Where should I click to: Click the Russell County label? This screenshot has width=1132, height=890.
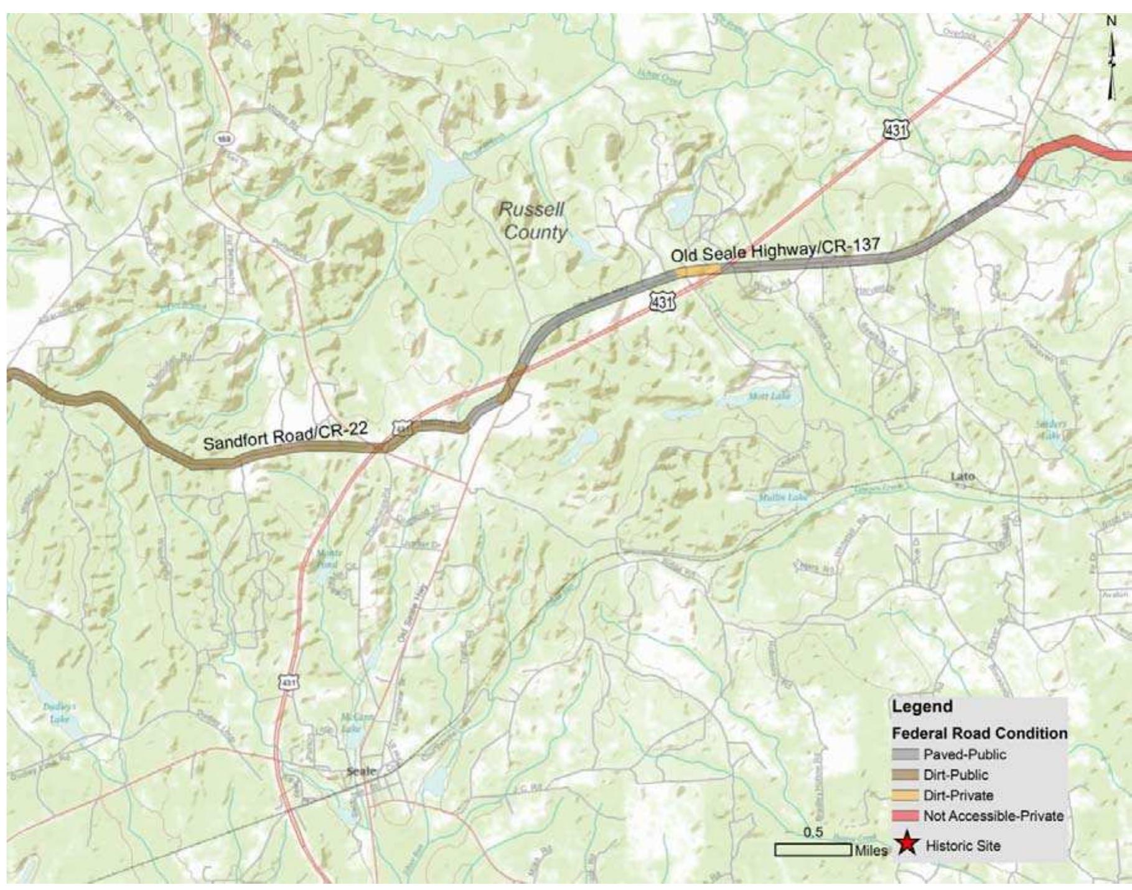(534, 221)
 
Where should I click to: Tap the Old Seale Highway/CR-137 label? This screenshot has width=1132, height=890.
(775, 250)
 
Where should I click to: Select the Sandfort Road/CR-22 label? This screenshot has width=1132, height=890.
(285, 436)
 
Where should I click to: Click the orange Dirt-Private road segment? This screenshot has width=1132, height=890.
(698, 270)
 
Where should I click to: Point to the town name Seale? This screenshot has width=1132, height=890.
(361, 771)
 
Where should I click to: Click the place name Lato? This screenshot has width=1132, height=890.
(963, 477)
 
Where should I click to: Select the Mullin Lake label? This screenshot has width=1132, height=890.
(775, 497)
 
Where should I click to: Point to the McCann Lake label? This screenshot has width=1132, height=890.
(351, 722)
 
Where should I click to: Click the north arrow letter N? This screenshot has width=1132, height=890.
(1111, 21)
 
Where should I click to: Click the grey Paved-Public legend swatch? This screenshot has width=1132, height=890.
(905, 754)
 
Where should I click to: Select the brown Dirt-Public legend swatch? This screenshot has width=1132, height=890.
(905, 775)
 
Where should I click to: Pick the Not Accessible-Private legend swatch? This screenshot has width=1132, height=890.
(905, 815)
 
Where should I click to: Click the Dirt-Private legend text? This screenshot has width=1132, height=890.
(958, 795)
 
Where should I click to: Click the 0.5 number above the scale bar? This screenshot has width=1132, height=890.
(813, 833)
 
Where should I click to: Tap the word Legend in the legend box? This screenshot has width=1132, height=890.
(922, 706)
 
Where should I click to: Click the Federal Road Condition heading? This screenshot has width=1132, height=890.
(980, 733)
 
